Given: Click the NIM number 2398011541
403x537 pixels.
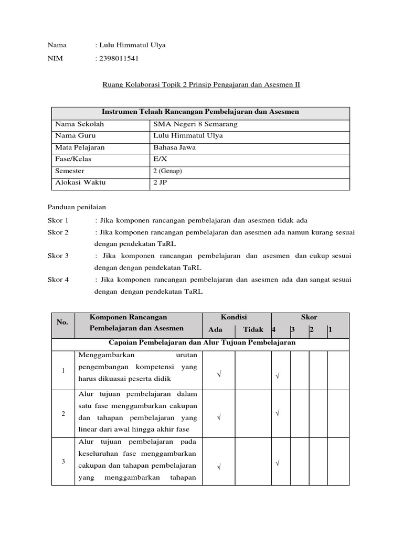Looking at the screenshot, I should (x=119, y=58).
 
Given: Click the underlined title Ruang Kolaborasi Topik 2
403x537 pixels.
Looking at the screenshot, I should (x=201, y=84).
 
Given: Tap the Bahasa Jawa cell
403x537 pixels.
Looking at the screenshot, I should (x=174, y=147).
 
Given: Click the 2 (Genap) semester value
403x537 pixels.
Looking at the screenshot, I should (x=167, y=171).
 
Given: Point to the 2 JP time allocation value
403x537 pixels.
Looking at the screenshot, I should (x=160, y=182).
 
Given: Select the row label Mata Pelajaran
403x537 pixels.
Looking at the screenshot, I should (x=80, y=147).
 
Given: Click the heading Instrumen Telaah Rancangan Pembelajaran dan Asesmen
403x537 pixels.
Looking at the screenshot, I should (x=200, y=112).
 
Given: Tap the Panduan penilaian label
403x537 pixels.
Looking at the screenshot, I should (x=77, y=207).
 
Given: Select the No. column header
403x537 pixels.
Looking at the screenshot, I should (x=62, y=323).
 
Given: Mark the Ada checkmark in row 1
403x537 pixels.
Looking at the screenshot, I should (x=218, y=374).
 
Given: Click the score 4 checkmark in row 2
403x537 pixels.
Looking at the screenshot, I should (x=277, y=414).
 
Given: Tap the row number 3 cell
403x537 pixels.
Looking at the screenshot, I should (x=63, y=461).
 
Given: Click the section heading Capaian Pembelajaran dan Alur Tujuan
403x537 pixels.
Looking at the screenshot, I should (x=202, y=342).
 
